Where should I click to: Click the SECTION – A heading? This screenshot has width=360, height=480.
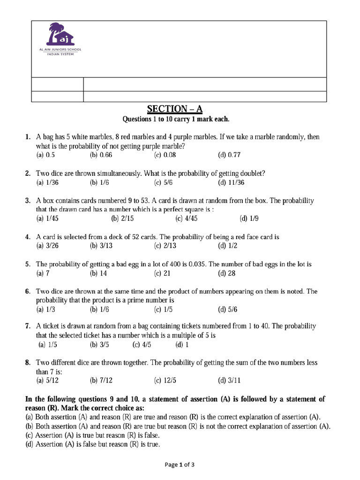point(175,109)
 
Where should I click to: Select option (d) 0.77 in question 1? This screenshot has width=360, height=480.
point(229,155)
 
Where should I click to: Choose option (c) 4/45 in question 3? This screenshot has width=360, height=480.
point(186,218)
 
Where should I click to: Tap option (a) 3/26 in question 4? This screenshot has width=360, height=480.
point(47,246)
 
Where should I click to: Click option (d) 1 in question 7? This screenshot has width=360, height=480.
point(182,345)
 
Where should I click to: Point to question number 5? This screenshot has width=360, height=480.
point(28,264)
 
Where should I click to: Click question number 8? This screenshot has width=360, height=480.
point(28,363)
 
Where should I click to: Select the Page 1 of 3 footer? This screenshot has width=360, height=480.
point(180,465)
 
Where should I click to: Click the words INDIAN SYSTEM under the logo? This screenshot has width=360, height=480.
point(60,54)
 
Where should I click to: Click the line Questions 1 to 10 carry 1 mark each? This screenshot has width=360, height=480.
point(176,120)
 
